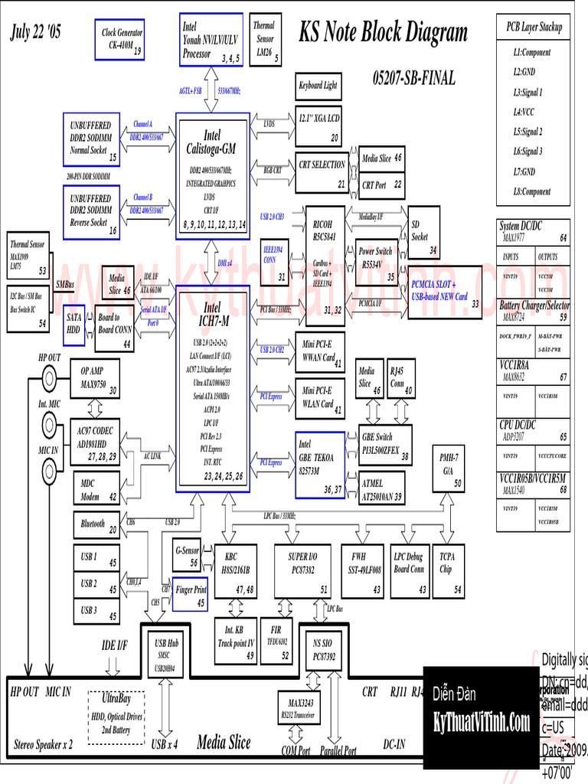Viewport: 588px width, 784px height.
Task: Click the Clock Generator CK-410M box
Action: tap(119, 39)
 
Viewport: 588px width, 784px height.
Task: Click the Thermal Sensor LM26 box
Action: tap(266, 39)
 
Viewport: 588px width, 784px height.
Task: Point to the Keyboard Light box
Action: tap(318, 86)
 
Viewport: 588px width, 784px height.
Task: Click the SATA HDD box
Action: tap(74, 323)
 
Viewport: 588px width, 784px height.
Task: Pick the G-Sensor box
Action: tap(188, 555)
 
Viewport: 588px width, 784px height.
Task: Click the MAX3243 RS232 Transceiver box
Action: tap(299, 708)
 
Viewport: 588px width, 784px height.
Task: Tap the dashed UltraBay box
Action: tap(116, 717)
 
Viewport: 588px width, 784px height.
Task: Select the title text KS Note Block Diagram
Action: tap(383, 32)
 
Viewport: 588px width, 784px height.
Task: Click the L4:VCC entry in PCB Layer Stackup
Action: tap(529, 112)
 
